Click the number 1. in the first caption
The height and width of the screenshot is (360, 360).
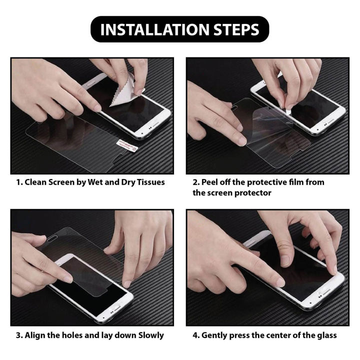(20, 182)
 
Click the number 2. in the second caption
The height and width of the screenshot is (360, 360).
(196, 182)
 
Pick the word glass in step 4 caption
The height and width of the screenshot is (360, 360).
(326, 335)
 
